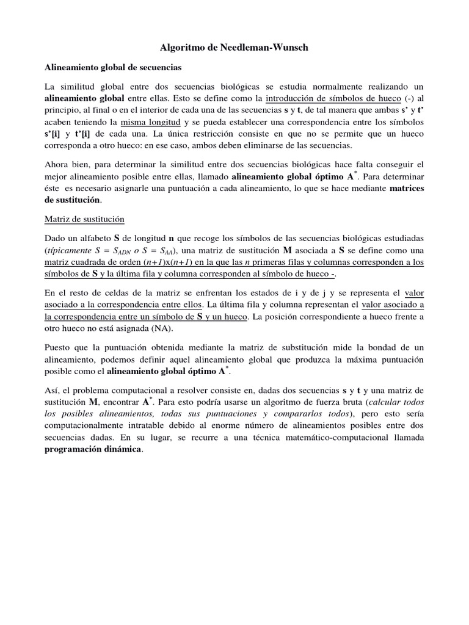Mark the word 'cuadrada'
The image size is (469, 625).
[x=94, y=262]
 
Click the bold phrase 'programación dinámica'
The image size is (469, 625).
[x=93, y=450]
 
